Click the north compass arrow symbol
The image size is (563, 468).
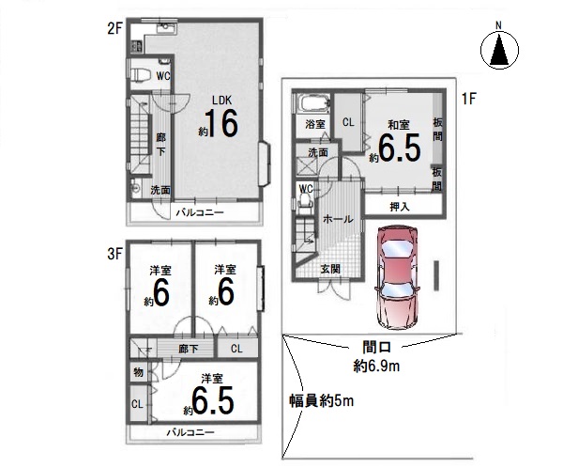coord(499,50)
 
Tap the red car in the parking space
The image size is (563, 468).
coord(396,277)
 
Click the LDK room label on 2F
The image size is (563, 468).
coord(221,100)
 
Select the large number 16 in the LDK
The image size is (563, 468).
coord(221,123)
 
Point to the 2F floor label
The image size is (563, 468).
coord(115,29)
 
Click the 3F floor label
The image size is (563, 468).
coord(115,255)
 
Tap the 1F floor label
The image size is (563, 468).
coord(468,99)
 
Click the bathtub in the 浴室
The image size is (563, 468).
coord(314,103)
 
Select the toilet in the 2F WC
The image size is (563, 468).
coord(141,76)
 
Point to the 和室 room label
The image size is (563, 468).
coord(399,125)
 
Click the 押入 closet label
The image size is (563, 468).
coord(400,207)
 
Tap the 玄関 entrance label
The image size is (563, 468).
coord(330,269)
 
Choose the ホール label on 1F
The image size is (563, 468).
coord(338,219)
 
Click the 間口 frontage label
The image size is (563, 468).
coord(376,347)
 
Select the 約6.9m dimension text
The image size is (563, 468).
coord(376,367)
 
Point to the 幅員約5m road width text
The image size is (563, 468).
coord(322,400)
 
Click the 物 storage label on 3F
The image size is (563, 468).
coord(139,372)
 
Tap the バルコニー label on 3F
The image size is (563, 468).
coord(190,432)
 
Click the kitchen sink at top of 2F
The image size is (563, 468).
coord(166,28)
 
